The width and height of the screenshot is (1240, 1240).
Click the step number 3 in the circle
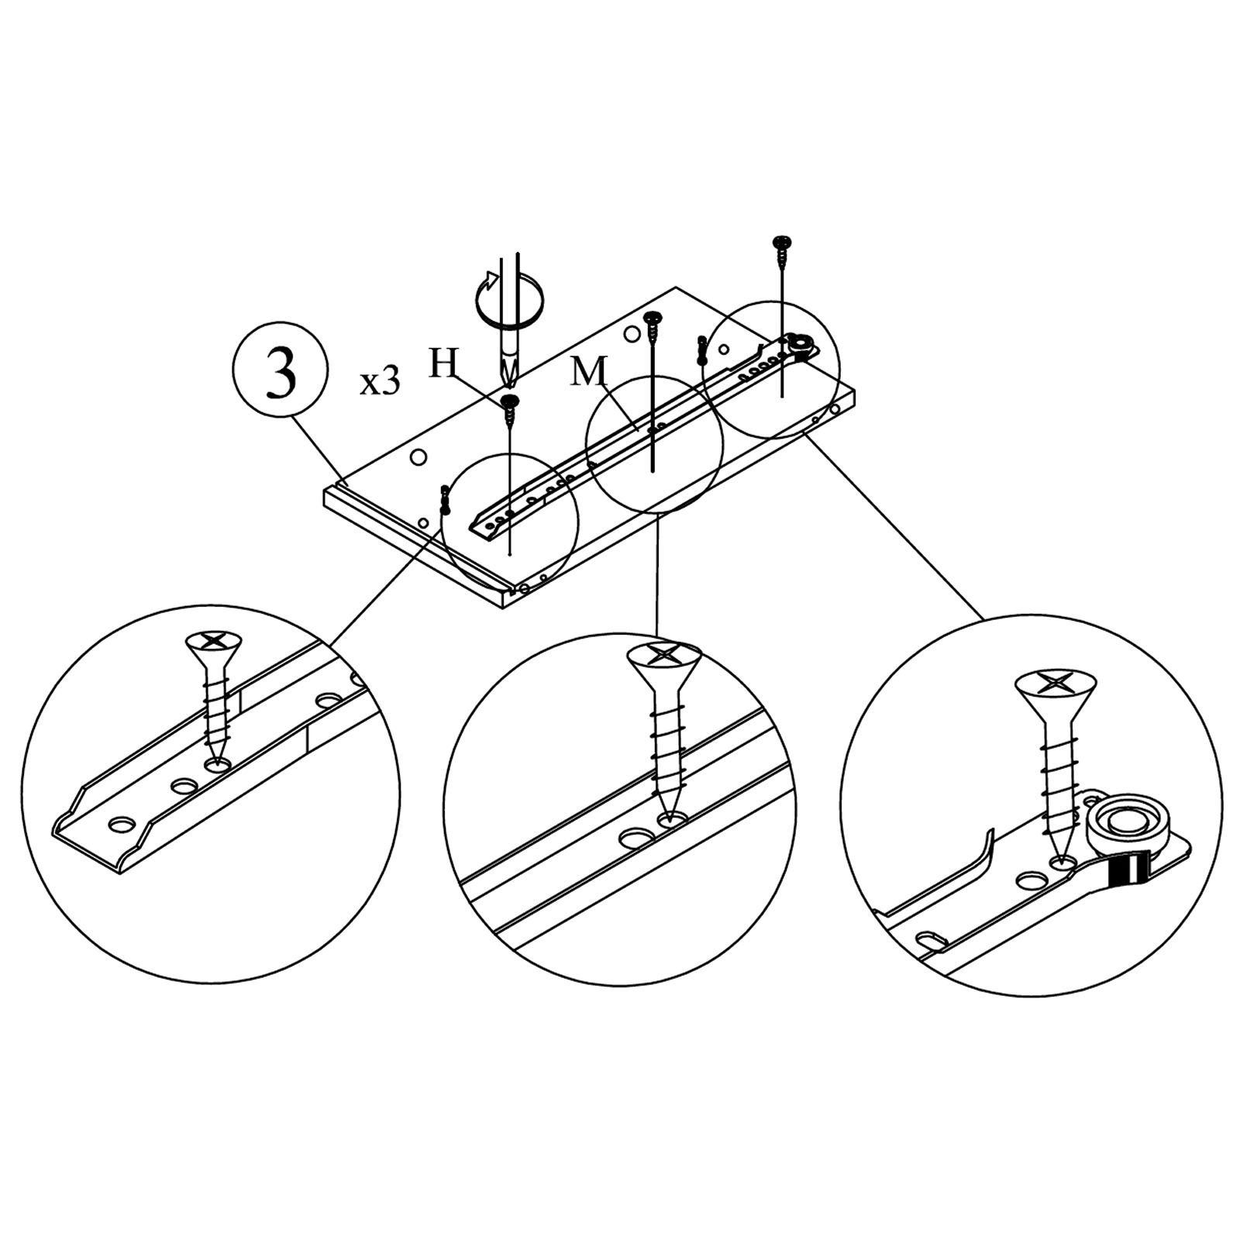pyautogui.click(x=281, y=375)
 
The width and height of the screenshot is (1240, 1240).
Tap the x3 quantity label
pyautogui.click(x=379, y=382)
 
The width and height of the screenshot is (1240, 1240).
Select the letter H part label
pyautogui.click(x=443, y=363)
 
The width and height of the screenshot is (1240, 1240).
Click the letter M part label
pyautogui.click(x=588, y=372)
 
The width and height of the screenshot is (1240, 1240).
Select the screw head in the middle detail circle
pyautogui.click(x=663, y=656)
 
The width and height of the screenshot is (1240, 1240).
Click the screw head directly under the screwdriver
pyautogui.click(x=509, y=401)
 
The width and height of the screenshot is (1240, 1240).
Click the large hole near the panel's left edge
pyautogui.click(x=418, y=457)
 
